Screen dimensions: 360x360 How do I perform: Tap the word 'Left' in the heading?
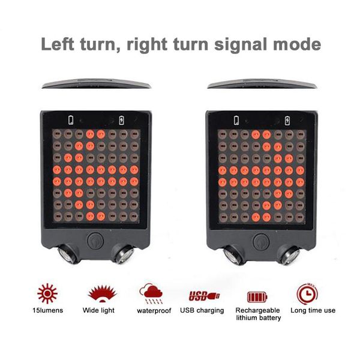click(x=57, y=44)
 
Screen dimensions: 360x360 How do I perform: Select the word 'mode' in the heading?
click(x=297, y=44)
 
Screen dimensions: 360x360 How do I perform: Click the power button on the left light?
click(x=95, y=241)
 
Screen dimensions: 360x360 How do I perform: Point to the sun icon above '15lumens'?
click(x=47, y=293)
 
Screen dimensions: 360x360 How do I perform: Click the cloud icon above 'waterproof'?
click(x=151, y=293)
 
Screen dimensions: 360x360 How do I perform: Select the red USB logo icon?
click(x=204, y=296)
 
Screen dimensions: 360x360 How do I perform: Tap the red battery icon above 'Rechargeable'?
click(x=257, y=297)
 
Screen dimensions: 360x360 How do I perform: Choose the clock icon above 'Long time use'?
click(x=307, y=294)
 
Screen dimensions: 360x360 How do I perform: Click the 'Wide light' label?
click(x=98, y=310)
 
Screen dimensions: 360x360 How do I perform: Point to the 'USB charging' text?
click(x=202, y=310)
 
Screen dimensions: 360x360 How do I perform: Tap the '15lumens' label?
click(x=47, y=310)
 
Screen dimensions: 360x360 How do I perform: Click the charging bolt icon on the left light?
click(x=121, y=121)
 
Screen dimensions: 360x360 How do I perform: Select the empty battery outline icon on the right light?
click(x=236, y=121)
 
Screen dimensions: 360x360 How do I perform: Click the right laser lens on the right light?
click(x=289, y=256)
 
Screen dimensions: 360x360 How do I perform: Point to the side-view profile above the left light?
click(x=96, y=83)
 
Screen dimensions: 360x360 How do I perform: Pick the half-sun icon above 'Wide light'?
click(x=102, y=293)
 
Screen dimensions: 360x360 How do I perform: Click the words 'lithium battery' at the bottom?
click(x=258, y=318)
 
